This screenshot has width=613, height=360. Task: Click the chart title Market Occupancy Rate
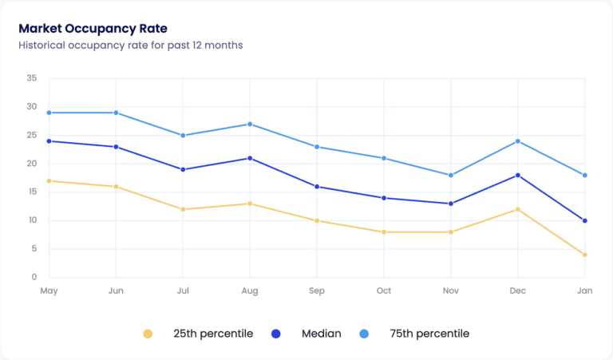point(93,29)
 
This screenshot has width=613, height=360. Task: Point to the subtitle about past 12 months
point(130,45)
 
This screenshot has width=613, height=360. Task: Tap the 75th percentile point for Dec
point(518,141)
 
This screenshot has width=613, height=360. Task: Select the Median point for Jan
point(585,220)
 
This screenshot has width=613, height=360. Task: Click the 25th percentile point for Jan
point(585,255)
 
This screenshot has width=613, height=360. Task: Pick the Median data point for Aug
point(250,158)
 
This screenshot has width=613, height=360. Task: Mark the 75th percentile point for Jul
point(183,136)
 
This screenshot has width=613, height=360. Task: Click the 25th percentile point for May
point(49,181)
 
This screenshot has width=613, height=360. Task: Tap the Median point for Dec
point(518,175)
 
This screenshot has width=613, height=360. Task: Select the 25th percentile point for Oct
point(384,232)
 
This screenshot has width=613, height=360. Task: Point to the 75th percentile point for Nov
point(451,176)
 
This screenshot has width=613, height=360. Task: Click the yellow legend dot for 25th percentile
point(147,334)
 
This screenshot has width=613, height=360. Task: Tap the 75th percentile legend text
point(429,334)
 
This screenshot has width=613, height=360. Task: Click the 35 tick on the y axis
point(32,78)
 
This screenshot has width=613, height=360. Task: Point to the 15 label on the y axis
point(32,192)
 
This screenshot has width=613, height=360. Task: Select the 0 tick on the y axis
point(34,277)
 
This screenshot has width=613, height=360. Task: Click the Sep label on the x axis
point(317,291)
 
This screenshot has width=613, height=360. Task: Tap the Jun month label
point(116,291)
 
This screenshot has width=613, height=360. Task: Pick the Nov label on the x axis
point(451,291)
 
